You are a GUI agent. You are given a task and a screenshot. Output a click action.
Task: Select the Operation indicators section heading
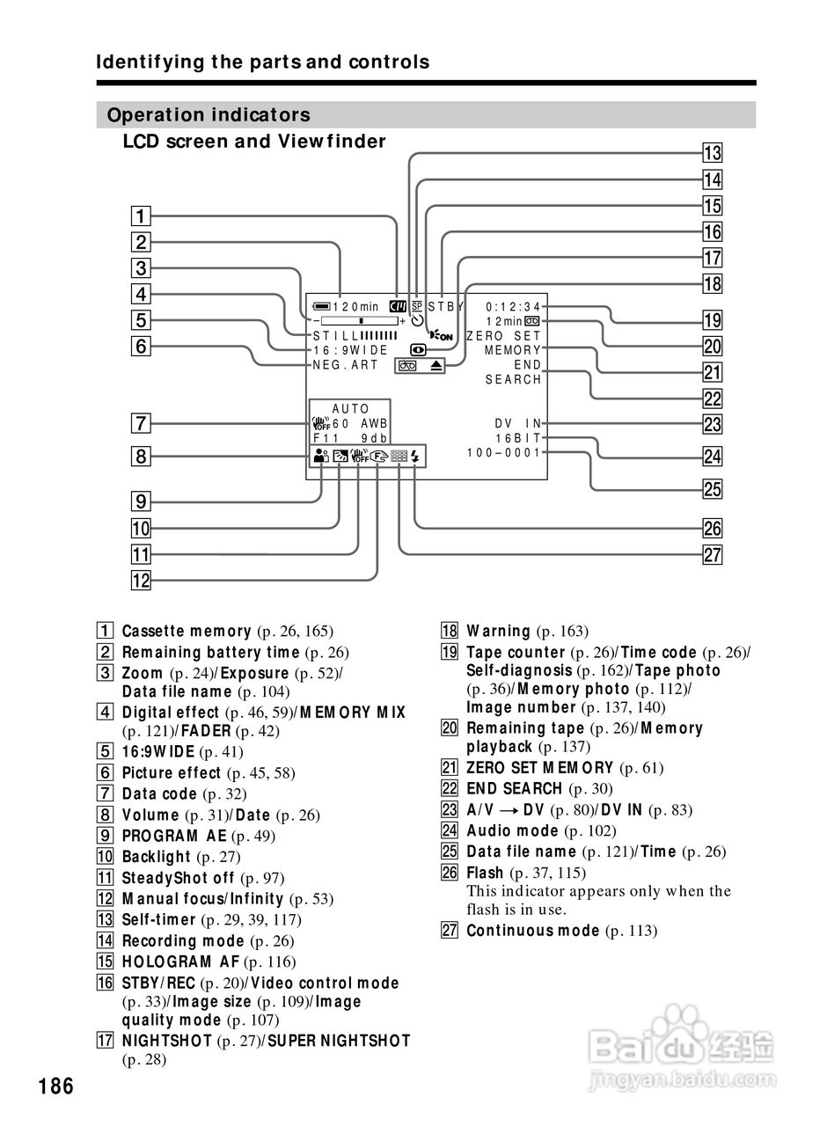208,115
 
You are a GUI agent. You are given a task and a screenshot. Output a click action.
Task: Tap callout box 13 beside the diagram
712,154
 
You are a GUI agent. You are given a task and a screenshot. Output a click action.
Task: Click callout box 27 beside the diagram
712,554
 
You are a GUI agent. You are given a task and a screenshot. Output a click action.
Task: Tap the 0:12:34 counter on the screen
514,307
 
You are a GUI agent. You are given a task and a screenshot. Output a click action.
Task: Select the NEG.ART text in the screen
345,364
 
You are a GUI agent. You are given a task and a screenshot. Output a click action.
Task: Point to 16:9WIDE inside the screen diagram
350,350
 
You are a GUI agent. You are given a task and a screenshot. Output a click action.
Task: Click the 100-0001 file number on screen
504,452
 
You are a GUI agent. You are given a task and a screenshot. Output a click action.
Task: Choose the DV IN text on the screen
518,423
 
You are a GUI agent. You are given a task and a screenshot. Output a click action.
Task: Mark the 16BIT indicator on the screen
518,437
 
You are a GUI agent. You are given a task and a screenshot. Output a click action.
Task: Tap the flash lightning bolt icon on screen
415,456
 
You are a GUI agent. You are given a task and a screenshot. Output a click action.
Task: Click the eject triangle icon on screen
437,365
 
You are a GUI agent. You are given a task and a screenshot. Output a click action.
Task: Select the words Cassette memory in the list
187,632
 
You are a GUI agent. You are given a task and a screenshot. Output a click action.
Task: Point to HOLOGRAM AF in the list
180,962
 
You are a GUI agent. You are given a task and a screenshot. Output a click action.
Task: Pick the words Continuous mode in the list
532,931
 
